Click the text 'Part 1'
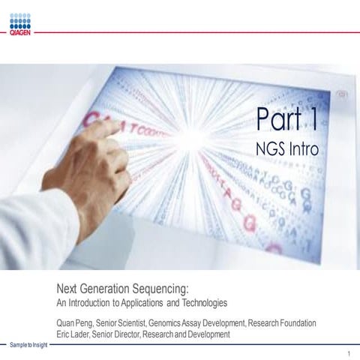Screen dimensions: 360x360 [x=289, y=118]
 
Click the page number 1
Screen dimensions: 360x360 [x=349, y=352]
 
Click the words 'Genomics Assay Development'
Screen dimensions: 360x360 [x=197, y=322]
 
